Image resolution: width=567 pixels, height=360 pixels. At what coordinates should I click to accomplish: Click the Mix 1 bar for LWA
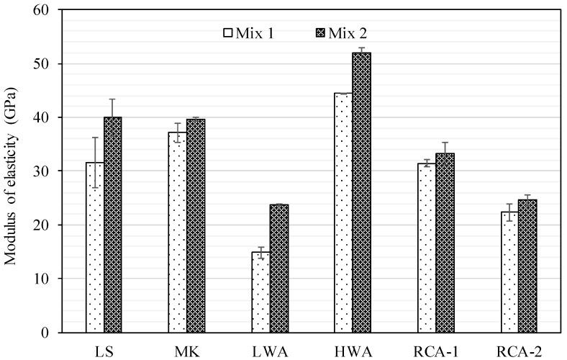click(x=260, y=292)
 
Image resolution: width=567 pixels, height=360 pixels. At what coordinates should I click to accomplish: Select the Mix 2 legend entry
click(x=341, y=32)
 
